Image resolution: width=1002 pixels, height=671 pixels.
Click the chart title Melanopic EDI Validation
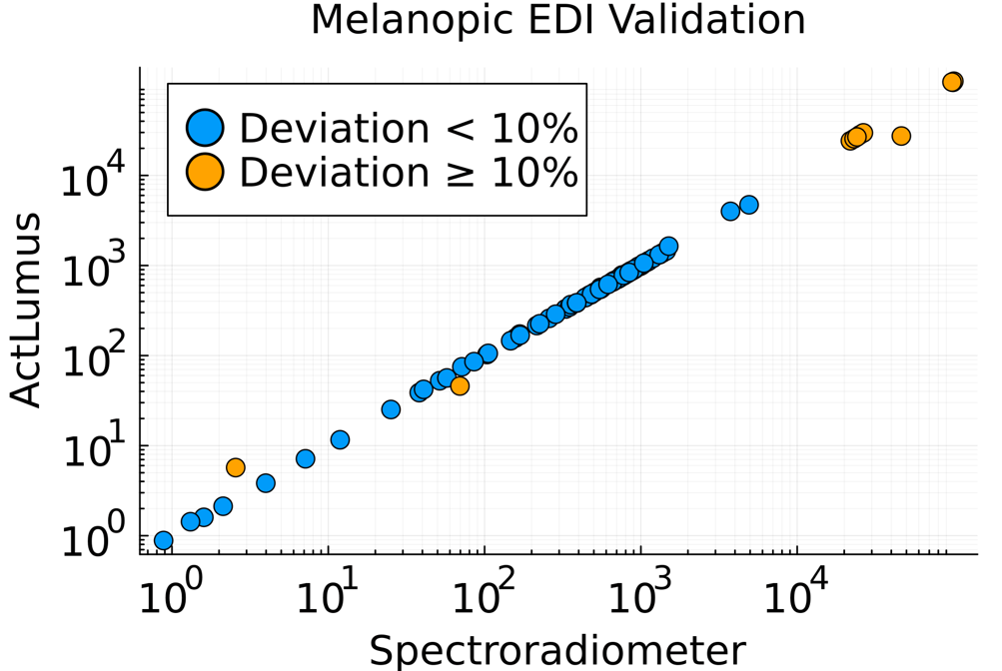(557, 21)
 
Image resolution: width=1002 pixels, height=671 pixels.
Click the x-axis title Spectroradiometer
(557, 650)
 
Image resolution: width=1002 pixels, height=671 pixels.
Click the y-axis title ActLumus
(27, 310)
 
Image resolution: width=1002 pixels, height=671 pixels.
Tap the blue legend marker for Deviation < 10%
(206, 128)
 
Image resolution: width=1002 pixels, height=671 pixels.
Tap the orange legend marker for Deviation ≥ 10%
(206, 171)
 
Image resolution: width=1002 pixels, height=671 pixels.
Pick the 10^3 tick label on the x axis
(639, 600)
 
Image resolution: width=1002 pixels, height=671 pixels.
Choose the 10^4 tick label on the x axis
(795, 600)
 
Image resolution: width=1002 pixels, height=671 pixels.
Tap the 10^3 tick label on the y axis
(94, 267)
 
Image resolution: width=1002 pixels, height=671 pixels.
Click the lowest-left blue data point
(163, 541)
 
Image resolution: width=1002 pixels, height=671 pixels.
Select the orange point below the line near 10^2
(460, 385)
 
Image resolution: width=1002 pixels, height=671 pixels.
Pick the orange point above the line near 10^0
(236, 467)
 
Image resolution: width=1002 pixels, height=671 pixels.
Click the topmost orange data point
(953, 81)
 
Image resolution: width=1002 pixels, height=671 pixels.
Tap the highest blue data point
(749, 205)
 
